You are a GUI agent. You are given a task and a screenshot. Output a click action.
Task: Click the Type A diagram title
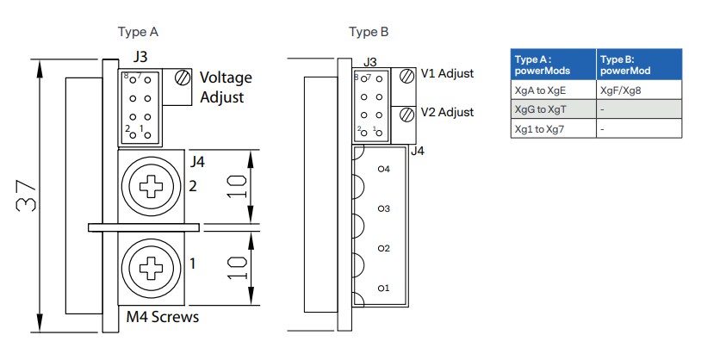point(138,33)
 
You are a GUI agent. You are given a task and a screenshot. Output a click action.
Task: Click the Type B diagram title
point(369,33)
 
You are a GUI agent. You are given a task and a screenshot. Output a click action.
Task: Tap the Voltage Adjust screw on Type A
point(182,78)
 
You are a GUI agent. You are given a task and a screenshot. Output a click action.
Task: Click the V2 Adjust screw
point(406,114)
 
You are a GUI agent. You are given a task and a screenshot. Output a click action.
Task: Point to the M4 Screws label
point(163,317)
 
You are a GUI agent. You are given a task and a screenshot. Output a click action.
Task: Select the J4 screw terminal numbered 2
point(152,185)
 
